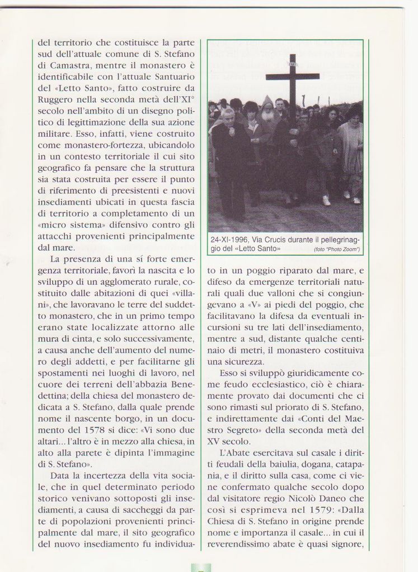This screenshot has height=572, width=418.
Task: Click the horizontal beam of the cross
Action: tap(292, 77)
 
